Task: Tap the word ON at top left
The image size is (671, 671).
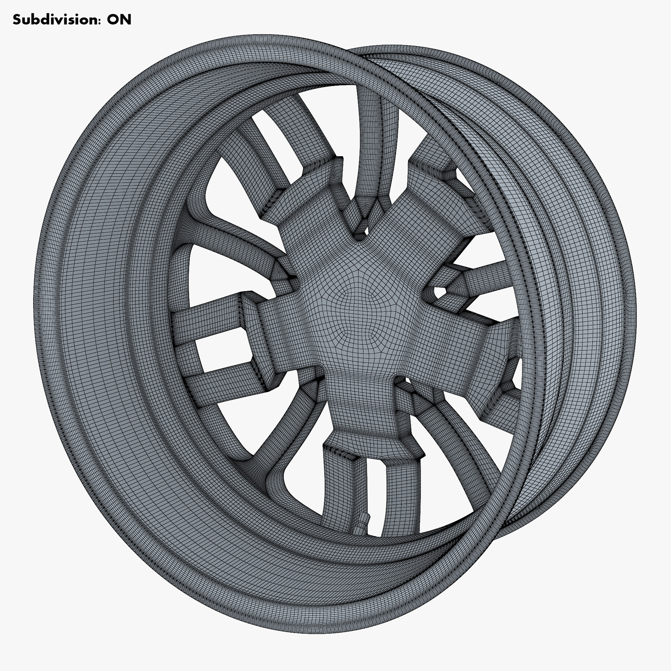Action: tap(119, 19)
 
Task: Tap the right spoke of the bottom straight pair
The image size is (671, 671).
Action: tap(403, 496)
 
